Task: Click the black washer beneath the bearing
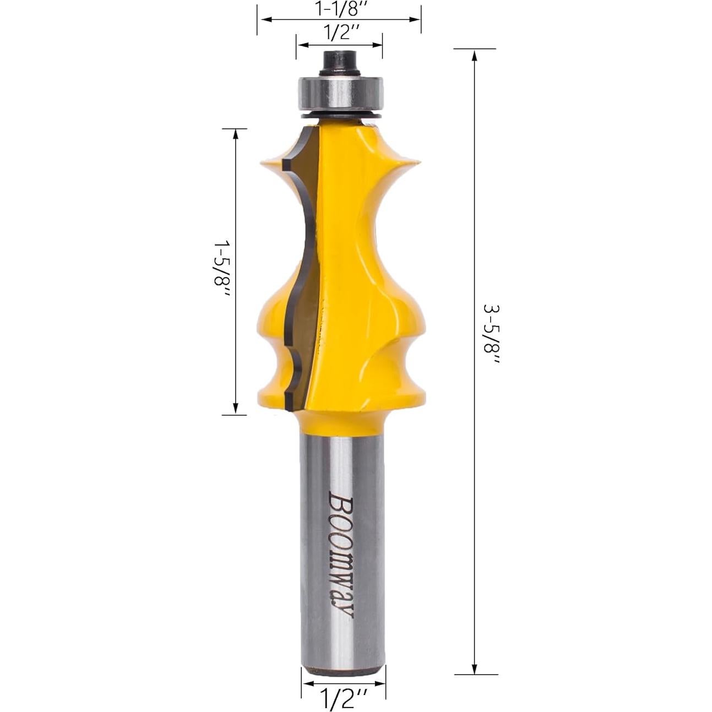click(x=339, y=116)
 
